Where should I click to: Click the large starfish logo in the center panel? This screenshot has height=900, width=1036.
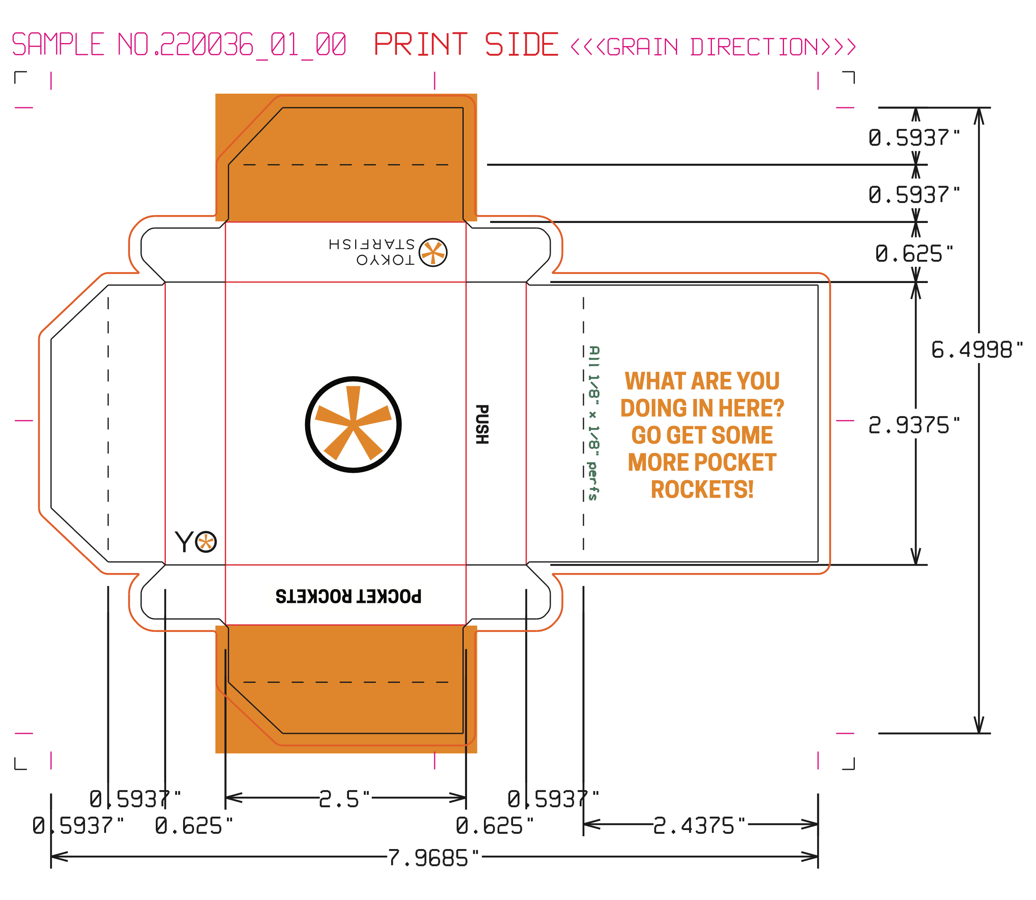(x=353, y=424)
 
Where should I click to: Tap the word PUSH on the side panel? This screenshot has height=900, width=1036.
(x=482, y=424)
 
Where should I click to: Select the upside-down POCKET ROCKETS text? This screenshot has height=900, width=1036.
(x=348, y=596)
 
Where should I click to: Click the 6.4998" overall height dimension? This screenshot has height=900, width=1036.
(x=977, y=350)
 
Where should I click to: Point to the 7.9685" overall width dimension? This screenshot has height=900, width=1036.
(x=434, y=858)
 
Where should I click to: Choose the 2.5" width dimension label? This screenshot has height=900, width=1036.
(x=344, y=799)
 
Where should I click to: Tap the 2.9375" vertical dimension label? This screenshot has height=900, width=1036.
(x=914, y=426)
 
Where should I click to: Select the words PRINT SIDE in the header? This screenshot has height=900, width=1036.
(x=466, y=44)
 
